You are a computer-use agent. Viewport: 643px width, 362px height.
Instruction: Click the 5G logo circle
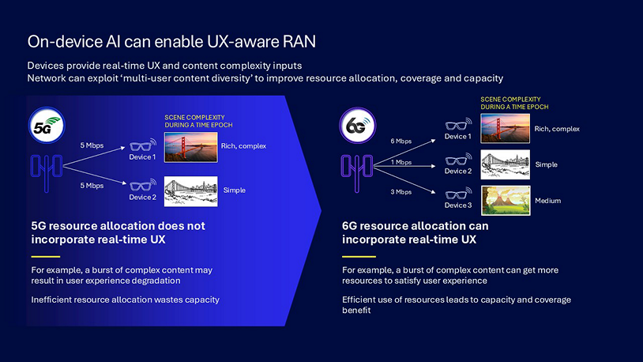click(46, 126)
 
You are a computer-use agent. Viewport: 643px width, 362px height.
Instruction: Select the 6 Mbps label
click(401, 141)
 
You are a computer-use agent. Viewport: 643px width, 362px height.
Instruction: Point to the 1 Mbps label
click(401, 163)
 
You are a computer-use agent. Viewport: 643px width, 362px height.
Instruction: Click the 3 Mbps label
click(401, 192)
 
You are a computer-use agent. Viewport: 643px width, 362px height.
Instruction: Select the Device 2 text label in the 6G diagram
click(457, 172)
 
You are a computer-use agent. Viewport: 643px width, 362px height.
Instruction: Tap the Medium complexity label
click(547, 201)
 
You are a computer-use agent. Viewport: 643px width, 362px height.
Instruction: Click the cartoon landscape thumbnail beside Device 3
click(505, 201)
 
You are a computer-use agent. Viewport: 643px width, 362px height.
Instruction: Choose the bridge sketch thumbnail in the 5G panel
click(190, 190)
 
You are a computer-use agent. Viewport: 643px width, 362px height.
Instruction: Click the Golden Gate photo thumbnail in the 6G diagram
click(505, 128)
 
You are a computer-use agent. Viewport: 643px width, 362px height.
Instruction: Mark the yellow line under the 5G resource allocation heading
click(45, 256)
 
